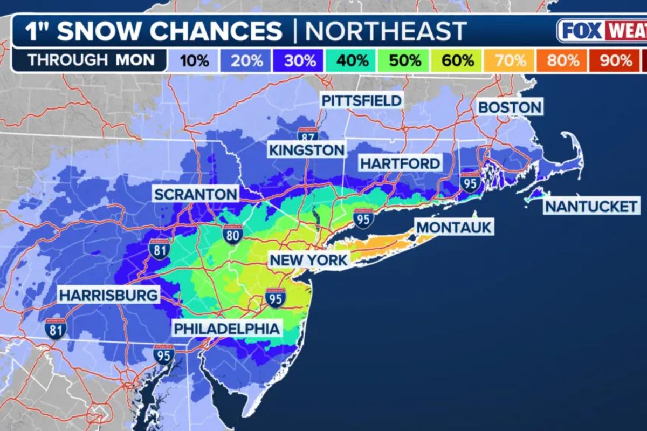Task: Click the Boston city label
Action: click(510, 107)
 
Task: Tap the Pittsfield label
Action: click(361, 100)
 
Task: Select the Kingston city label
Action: click(306, 149)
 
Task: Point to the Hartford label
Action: click(400, 163)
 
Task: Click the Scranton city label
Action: click(195, 194)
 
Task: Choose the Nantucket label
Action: click(591, 206)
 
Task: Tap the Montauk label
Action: click(454, 227)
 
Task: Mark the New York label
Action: click(309, 261)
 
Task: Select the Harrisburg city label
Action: click(108, 295)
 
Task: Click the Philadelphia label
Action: click(226, 328)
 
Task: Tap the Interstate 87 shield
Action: click(307, 135)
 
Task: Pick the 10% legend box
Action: click(194, 60)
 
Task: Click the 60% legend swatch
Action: click(457, 60)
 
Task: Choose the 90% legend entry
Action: click(615, 60)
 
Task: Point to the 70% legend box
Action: click(510, 60)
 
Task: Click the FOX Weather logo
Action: click(602, 30)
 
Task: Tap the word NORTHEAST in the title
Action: click(386, 31)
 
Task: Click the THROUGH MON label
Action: click(91, 59)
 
